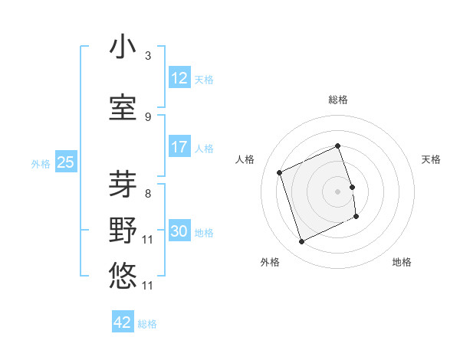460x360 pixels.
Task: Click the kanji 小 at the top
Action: [123, 47]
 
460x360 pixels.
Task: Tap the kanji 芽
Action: [123, 185]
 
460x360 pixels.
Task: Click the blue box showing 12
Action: [179, 78]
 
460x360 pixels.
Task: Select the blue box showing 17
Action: [179, 147]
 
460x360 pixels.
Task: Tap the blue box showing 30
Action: [179, 231]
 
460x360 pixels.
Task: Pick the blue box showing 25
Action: [65, 162]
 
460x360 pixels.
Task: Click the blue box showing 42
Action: [123, 322]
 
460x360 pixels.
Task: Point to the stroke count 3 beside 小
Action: [148, 56]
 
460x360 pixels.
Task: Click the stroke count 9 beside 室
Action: [148, 116]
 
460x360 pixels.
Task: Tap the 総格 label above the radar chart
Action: [338, 100]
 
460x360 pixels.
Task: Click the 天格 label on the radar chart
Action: [432, 159]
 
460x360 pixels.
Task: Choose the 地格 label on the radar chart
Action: [402, 262]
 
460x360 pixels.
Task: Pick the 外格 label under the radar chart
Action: [270, 262]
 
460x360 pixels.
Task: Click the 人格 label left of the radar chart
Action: [245, 159]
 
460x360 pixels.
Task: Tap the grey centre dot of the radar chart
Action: [338, 191]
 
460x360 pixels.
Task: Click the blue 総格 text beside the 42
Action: [147, 324]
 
